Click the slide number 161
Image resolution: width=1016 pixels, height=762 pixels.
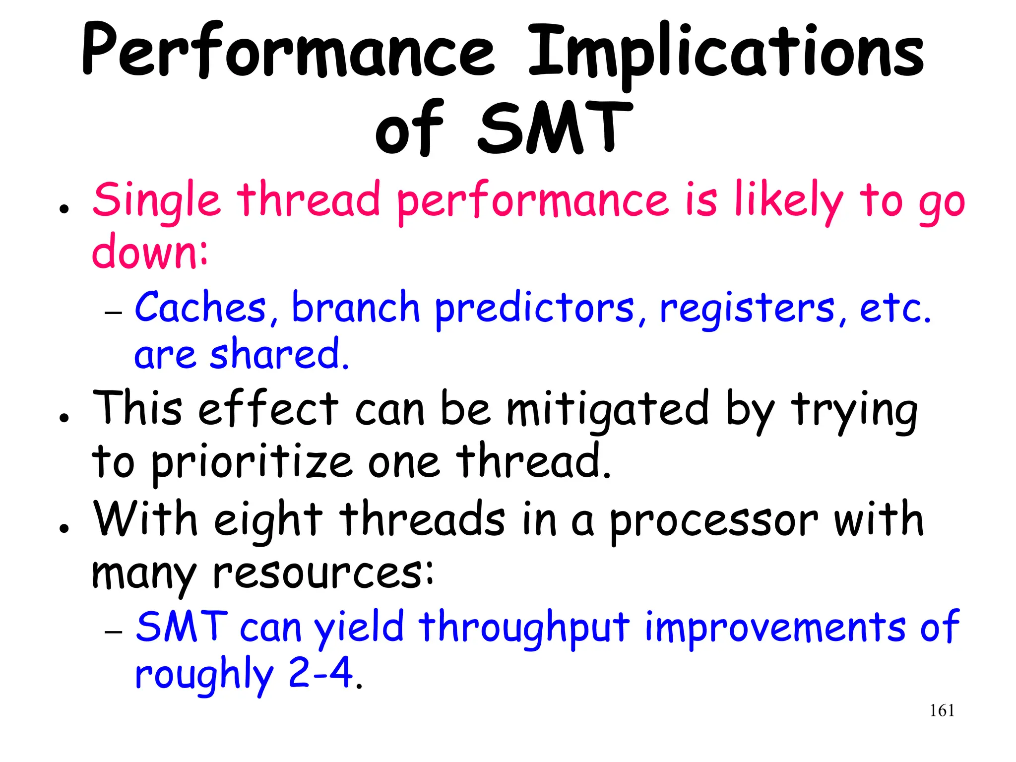coord(942,710)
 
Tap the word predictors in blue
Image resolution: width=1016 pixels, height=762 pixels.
coord(534,309)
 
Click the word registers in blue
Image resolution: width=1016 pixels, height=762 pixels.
coord(747,309)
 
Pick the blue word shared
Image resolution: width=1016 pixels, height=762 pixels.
coord(279,354)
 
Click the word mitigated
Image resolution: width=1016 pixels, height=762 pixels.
coord(607,409)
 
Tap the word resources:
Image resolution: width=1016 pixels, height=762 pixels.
coord(323,573)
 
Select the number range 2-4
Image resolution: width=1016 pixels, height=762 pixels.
coord(320,673)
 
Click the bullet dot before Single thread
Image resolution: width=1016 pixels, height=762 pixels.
coord(63,209)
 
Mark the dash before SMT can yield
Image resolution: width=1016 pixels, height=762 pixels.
coord(114,632)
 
